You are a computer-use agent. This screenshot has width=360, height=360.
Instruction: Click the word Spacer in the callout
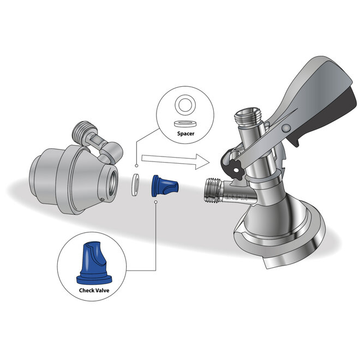(185, 134)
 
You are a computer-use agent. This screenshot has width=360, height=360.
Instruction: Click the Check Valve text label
(94, 290)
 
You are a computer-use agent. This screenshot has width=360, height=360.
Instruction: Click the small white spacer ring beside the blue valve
(135, 185)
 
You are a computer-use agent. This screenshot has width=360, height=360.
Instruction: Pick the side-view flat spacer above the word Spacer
(185, 124)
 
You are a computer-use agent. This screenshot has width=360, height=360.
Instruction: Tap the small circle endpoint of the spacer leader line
(136, 165)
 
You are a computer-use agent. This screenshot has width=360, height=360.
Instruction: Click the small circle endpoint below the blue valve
(156, 202)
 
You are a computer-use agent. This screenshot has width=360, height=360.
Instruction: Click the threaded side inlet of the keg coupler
(213, 190)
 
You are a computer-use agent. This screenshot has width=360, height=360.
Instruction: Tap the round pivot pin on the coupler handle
(286, 128)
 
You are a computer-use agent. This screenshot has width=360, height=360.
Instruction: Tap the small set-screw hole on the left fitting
(103, 200)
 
